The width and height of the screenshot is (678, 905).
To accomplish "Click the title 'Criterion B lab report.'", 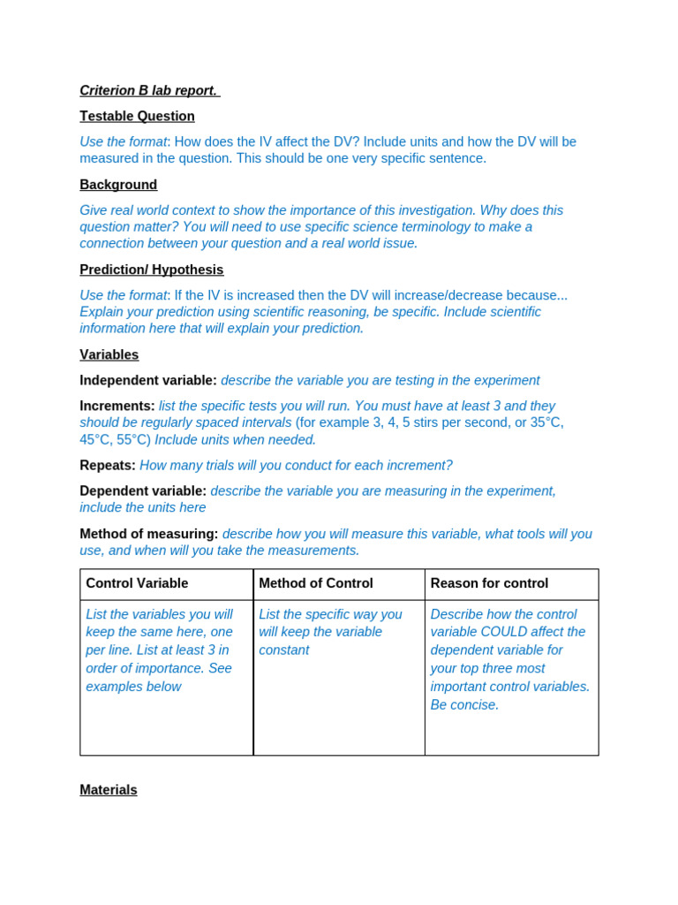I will point(148,90).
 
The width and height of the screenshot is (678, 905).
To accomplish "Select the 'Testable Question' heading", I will point(137,116).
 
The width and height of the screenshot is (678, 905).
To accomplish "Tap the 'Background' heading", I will point(118,185).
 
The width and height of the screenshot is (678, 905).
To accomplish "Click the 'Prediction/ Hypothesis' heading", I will point(151,270).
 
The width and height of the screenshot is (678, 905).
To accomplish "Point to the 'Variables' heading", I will point(109,354).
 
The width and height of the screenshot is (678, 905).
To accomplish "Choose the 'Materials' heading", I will point(108,789).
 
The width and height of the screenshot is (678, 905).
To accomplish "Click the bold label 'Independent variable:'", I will point(147,380).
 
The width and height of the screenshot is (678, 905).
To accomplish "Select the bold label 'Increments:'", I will point(117,406).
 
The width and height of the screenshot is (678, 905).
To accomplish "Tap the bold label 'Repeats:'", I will point(107,465).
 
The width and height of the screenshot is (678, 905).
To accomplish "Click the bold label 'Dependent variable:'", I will point(143,491).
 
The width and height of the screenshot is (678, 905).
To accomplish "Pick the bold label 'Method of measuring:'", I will point(148,534).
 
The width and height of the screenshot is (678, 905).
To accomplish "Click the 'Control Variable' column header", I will point(137,583).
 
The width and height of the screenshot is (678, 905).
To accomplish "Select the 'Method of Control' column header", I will point(315,583).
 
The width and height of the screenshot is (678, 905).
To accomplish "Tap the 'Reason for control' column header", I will point(489,583).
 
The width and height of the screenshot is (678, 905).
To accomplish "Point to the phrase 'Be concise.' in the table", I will point(464,704).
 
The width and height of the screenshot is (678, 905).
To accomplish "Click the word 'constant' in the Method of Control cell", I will point(283,650).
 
